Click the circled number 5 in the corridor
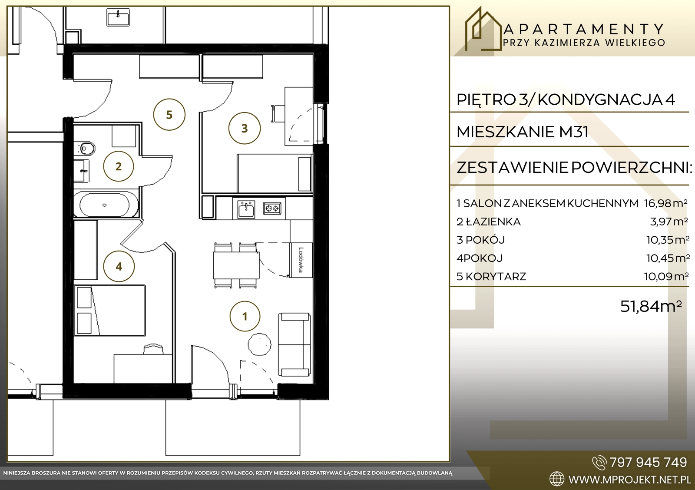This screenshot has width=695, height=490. tap(169, 115)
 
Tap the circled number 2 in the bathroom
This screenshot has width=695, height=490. tap(119, 166)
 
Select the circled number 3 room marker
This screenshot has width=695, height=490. tap(245, 128)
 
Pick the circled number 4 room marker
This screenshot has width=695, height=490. tap(119, 266)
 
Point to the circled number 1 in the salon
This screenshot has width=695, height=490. tap(245, 316)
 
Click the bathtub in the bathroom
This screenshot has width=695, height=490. tap(105, 205)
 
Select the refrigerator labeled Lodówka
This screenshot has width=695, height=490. tap(301, 260)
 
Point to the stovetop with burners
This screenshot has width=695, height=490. tap(272, 208)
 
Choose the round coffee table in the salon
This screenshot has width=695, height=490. tap(259, 344)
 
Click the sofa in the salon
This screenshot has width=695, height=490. tap(294, 344)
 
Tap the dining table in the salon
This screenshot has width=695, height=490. tap(236, 265)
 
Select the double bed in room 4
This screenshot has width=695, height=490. tap(109, 310)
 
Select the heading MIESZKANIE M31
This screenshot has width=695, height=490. tap(523, 132)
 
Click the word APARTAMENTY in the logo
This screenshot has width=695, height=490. tap(584, 30)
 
